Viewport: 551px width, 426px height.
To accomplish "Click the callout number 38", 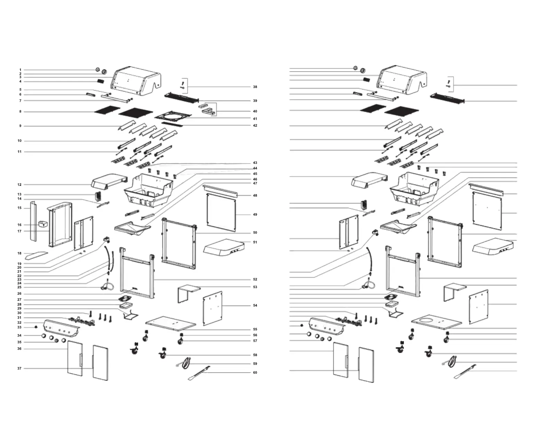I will tap(255, 87).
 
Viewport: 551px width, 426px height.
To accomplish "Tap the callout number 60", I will tap(255, 373).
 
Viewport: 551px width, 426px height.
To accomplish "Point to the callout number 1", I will tap(20, 70).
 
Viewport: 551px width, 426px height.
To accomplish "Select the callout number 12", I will tap(19, 185).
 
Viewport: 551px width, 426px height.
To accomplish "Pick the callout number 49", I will tap(255, 215).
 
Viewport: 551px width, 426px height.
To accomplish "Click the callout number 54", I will tap(255, 306).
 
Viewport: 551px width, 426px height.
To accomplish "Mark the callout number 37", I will tap(19, 369).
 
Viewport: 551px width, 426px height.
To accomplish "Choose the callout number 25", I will tap(19, 287).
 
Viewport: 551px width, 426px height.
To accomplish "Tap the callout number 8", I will tap(20, 112).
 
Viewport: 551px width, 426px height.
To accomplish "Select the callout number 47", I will tap(255, 183).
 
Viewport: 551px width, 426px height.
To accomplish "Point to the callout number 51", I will tap(255, 242).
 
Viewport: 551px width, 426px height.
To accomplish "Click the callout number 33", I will tap(19, 328).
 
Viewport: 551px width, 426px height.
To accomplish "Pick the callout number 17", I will tap(19, 231).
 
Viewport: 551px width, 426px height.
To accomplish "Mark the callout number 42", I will tap(255, 126).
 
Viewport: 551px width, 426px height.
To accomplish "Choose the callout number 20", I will tap(19, 268).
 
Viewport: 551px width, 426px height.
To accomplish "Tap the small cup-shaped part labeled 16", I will tap(42, 223).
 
